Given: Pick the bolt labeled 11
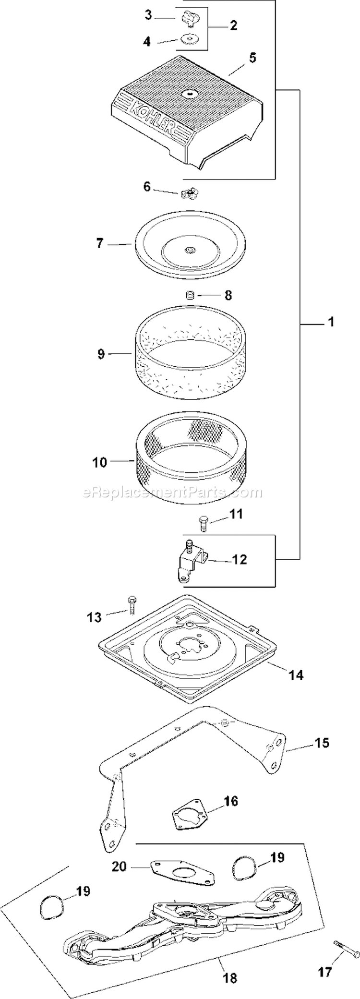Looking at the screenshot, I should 203,522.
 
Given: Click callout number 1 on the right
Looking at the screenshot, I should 330,322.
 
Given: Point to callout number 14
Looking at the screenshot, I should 296,674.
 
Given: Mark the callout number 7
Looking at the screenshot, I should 99,243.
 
